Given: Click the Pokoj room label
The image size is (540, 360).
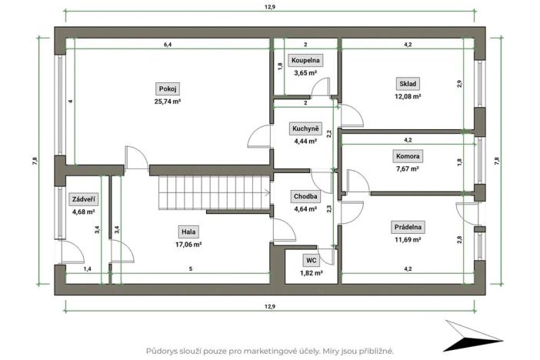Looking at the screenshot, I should pyautogui.click(x=167, y=88).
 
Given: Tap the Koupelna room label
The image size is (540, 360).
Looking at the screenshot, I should pyautogui.click(x=305, y=60).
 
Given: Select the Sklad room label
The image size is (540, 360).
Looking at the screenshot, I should pyautogui.click(x=408, y=83).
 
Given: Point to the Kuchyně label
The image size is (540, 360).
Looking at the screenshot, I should pyautogui.click(x=305, y=128).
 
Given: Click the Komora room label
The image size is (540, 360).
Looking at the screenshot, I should pyautogui.click(x=408, y=156).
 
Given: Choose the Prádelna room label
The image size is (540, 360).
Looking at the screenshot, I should pyautogui.click(x=408, y=226).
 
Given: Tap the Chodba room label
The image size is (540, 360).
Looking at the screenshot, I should pyautogui.click(x=305, y=196).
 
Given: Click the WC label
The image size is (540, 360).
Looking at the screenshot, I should pyautogui.click(x=311, y=260).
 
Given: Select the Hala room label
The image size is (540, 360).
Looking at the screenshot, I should pyautogui.click(x=188, y=231).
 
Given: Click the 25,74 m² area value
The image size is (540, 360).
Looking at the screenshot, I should pyautogui.click(x=167, y=101).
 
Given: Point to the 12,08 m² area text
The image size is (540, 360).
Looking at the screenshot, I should pyautogui.click(x=408, y=96).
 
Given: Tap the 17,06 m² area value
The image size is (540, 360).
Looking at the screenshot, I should pyautogui.click(x=188, y=244).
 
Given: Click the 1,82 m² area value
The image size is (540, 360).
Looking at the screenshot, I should pyautogui.click(x=311, y=273).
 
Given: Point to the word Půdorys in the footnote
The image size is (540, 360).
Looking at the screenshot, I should pyautogui.click(x=164, y=350).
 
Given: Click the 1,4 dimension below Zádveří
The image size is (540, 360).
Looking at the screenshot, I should pyautogui.click(x=87, y=269).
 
